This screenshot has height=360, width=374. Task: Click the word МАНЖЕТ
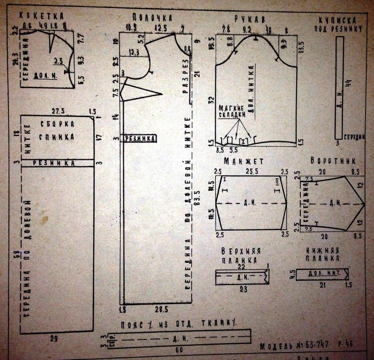coord(244,161)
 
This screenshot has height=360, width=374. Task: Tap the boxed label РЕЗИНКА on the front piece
coord(139,138)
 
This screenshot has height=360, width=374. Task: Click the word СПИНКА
coord(57,137)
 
